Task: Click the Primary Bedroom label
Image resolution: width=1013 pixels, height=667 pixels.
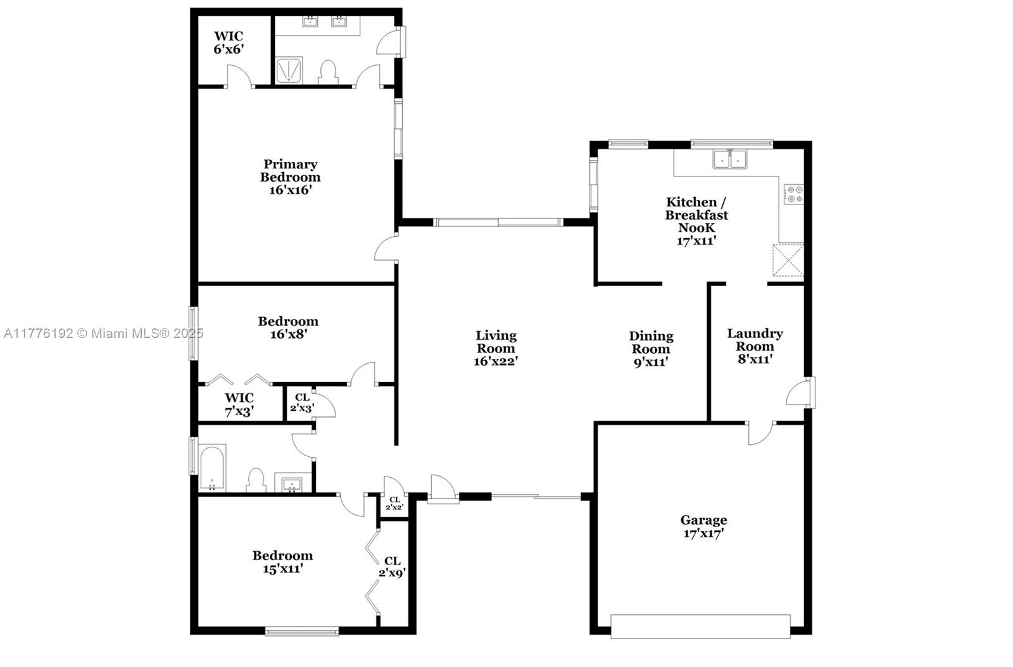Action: [291, 177]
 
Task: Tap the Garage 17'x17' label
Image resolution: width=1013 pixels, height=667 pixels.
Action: [703, 527]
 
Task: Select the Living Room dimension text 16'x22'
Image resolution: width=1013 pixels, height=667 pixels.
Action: [496, 361]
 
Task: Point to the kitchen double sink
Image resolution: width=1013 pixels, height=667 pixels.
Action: [730, 159]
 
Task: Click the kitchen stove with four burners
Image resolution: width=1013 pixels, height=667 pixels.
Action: [794, 194]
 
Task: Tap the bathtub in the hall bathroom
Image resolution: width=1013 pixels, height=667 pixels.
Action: [211, 468]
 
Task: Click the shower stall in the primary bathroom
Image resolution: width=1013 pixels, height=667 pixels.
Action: [289, 70]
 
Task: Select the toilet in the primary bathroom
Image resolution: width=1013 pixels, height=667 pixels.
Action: [329, 72]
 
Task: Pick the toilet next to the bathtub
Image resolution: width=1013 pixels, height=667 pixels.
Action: [256, 480]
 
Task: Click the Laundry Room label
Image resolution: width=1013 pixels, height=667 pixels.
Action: [755, 346]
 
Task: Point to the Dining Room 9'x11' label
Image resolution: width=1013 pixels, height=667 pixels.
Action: [651, 349]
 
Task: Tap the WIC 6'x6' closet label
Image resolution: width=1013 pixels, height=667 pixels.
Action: [229, 42]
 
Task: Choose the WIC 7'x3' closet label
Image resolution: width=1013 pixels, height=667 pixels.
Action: [239, 404]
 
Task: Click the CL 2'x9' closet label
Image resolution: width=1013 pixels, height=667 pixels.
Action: [392, 566]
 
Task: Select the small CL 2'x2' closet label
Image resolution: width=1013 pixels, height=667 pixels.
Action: [394, 503]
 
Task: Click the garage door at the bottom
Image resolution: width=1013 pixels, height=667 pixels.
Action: [700, 626]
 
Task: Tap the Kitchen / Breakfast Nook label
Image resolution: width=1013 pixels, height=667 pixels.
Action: [696, 221]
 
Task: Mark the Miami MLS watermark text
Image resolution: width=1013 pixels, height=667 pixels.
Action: [104, 333]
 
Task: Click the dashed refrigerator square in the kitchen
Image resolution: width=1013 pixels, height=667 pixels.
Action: [788, 260]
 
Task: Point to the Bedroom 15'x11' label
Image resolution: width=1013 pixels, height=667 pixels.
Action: [282, 562]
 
